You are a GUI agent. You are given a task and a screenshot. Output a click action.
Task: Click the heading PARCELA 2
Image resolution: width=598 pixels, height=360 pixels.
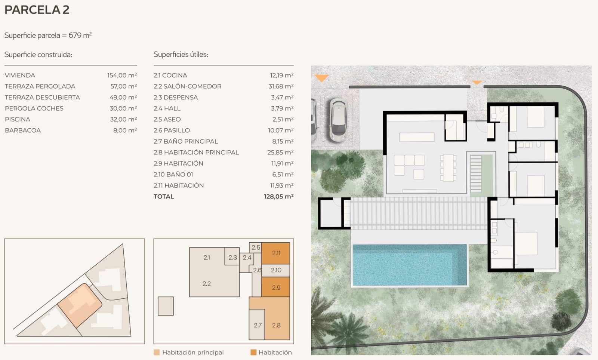37,10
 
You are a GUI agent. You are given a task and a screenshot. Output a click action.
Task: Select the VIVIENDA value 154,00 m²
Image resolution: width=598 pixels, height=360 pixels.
122,75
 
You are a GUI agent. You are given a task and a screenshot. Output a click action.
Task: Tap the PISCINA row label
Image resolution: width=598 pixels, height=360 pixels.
18,119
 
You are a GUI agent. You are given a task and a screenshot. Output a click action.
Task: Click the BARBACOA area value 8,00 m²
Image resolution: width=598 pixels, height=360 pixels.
125,130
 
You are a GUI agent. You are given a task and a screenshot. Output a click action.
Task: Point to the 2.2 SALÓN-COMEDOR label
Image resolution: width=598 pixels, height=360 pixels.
187,86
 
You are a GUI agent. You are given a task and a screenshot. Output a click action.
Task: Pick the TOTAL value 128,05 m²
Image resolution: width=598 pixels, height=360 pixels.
278,196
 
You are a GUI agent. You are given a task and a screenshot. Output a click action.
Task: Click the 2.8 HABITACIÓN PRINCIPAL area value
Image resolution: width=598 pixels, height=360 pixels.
280,152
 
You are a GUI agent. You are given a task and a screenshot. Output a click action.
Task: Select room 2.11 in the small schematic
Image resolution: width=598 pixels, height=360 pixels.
276,253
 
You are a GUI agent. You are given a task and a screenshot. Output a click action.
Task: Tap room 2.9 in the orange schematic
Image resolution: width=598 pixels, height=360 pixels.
276,287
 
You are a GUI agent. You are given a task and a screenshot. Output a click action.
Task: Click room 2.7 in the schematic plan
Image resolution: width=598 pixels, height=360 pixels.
257,325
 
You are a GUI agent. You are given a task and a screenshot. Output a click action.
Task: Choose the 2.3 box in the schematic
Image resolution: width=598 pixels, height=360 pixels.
232,257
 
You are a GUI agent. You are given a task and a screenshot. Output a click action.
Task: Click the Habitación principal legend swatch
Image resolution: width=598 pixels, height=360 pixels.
157,352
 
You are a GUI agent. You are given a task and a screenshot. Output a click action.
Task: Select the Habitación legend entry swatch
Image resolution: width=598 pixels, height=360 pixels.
253,352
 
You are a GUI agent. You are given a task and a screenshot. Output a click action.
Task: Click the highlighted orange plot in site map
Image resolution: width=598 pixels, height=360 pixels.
80,304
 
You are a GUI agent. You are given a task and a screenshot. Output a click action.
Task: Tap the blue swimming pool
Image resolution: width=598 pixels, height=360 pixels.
409,265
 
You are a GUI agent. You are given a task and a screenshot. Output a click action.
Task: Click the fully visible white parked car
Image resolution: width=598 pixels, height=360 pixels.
338,120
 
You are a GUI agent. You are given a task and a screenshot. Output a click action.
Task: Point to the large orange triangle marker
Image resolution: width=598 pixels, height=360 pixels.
321,78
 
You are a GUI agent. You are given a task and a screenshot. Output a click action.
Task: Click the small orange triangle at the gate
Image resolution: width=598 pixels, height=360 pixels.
477,82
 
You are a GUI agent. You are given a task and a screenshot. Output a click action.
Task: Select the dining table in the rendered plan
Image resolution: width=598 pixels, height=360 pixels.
448,168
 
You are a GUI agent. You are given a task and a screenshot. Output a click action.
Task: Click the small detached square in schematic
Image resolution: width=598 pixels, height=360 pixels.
166,306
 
